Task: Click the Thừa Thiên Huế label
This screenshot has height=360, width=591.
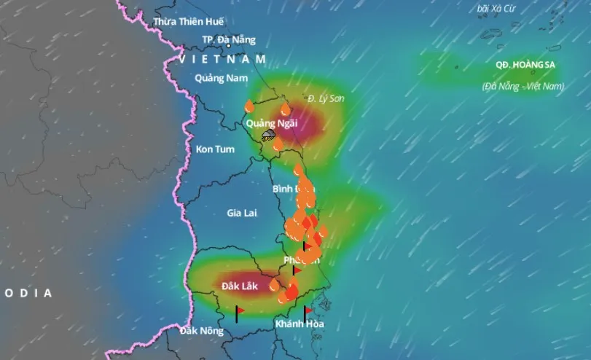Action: [189, 22]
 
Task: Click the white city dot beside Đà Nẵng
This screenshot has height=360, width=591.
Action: [230, 47]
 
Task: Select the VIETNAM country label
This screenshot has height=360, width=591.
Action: [222, 58]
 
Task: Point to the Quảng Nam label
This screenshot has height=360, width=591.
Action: [222, 78]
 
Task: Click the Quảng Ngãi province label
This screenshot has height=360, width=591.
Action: [272, 123]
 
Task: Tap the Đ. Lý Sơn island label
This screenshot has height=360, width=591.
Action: [324, 98]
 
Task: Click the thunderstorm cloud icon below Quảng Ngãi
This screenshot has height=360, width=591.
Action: [269, 135]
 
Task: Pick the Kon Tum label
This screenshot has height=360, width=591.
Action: [215, 149]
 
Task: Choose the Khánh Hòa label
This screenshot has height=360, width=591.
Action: [300, 324]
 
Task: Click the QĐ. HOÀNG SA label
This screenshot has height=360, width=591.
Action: [525, 65]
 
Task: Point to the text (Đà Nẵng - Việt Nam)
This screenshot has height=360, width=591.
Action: [522, 86]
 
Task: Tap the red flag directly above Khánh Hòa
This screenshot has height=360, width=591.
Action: [308, 311]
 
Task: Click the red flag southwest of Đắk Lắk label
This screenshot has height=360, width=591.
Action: [238, 312]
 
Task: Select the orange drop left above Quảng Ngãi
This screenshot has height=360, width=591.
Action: [249, 106]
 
